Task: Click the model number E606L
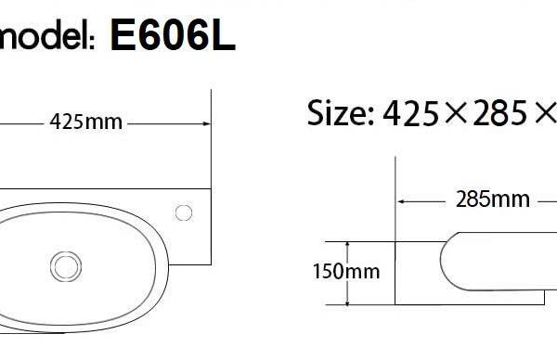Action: click(173, 34)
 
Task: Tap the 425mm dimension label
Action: click(86, 122)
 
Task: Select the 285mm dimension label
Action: click(493, 199)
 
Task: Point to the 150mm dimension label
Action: click(346, 272)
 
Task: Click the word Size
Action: click(337, 112)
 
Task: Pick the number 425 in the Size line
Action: click(410, 113)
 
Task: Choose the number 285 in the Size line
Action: click(499, 113)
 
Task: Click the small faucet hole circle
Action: click(184, 212)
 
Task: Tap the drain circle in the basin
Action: click(66, 266)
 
